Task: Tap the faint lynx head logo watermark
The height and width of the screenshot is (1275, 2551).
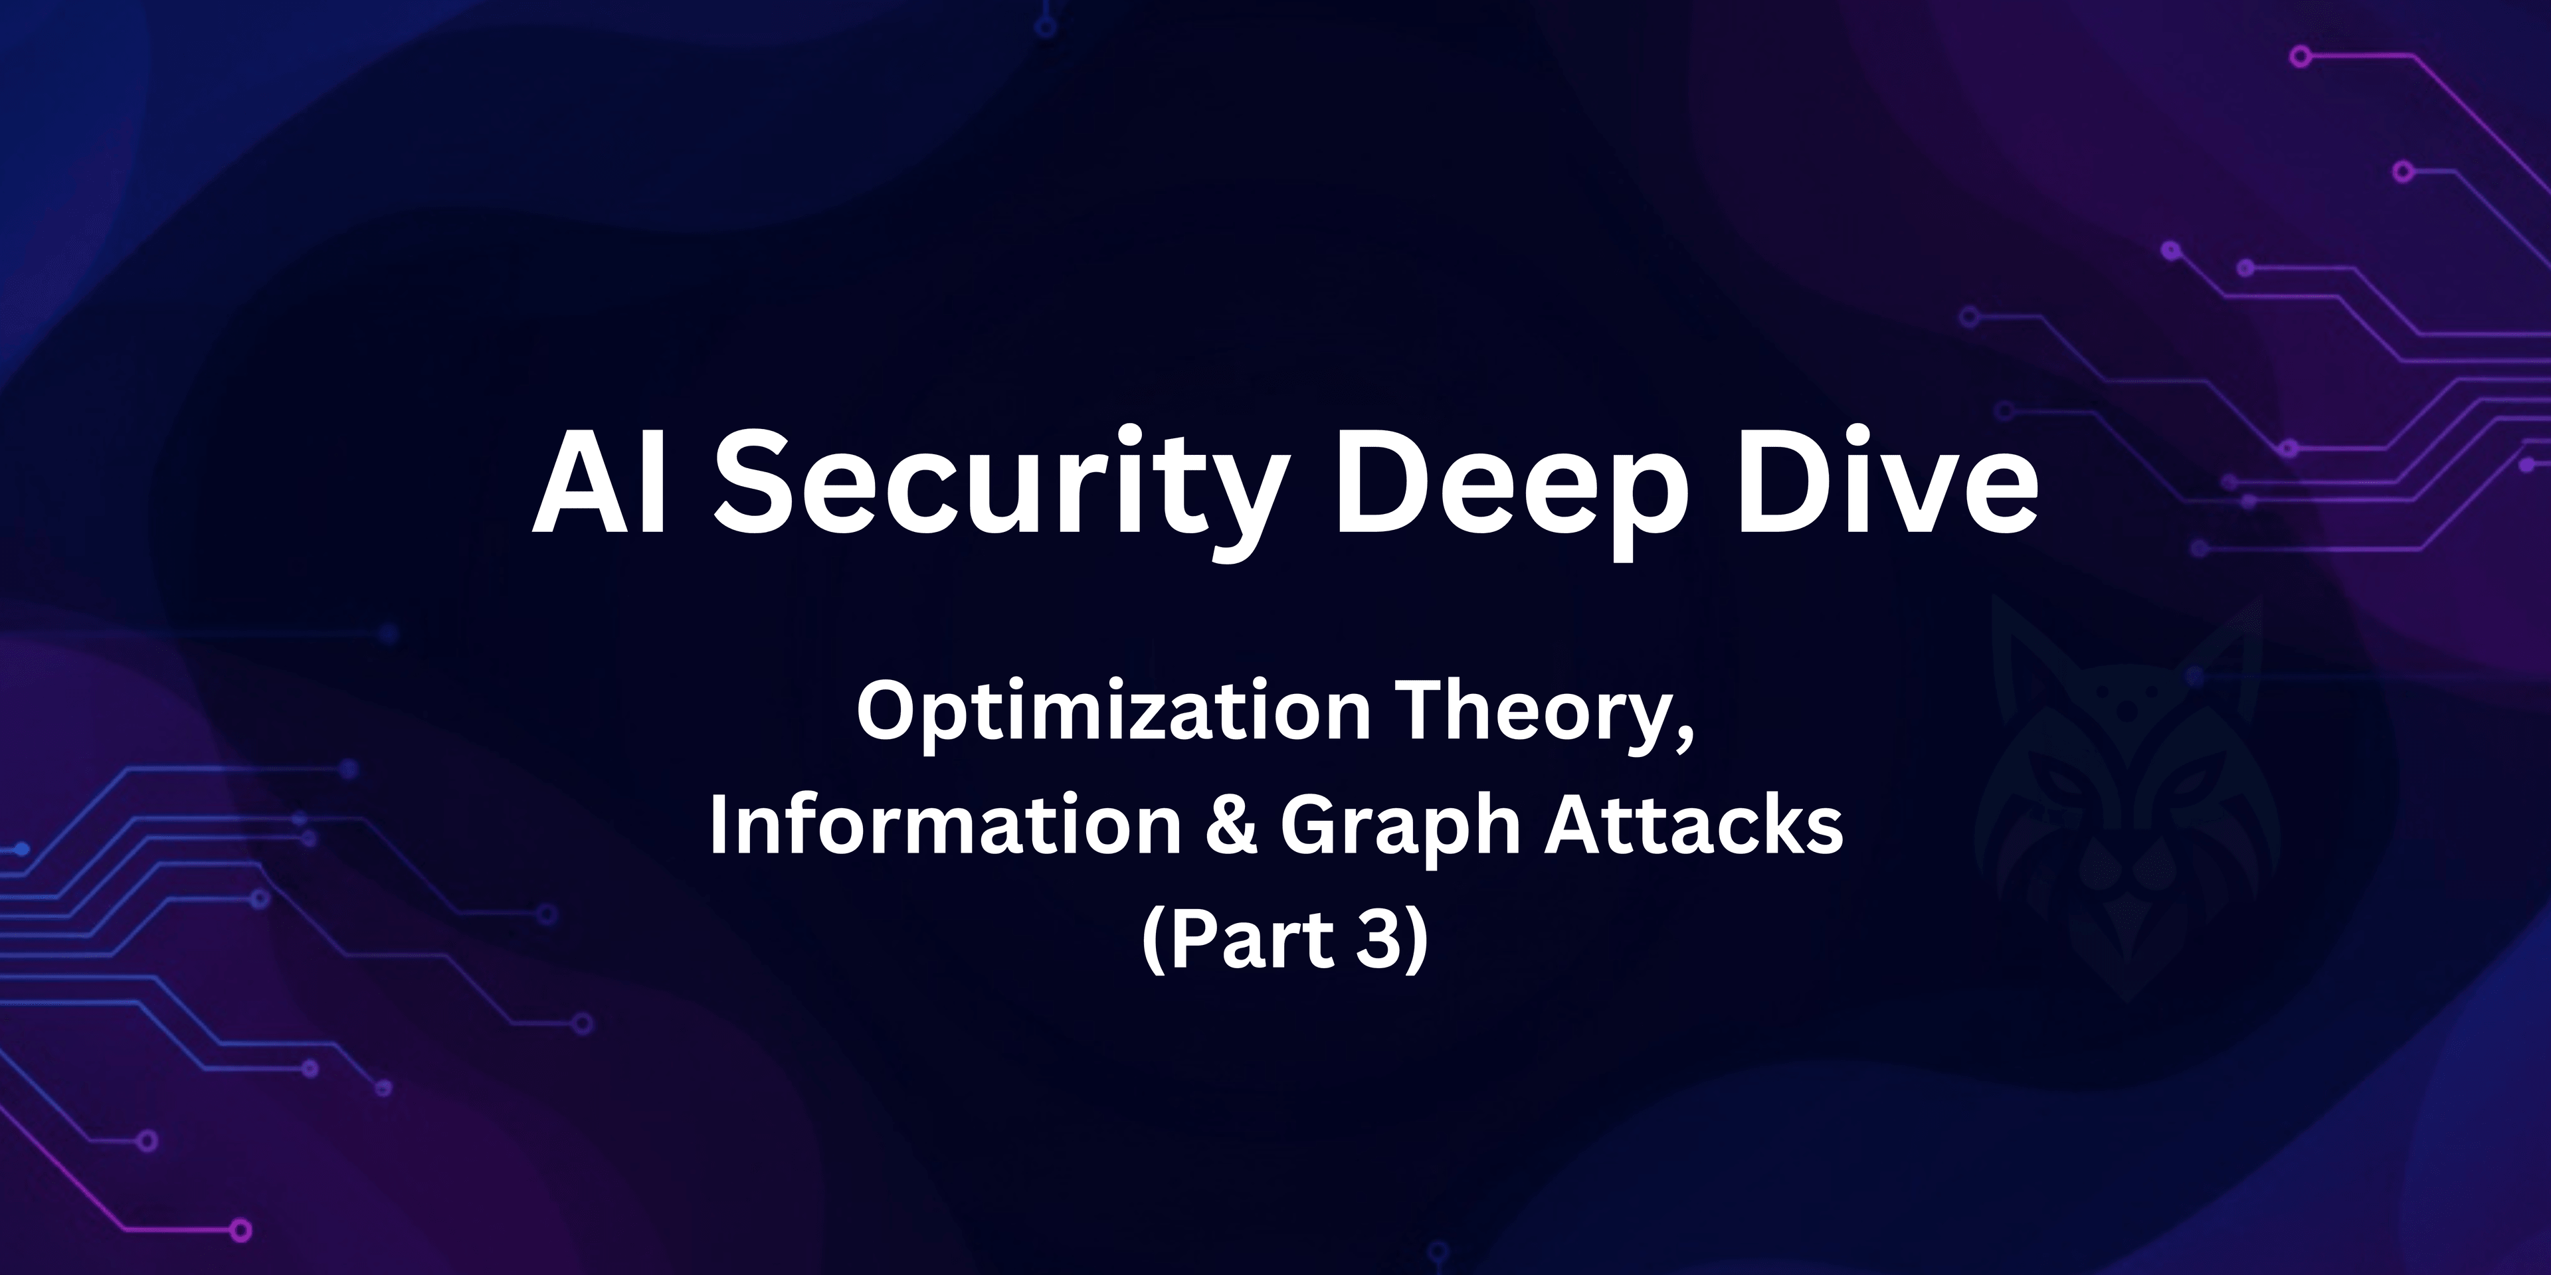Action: [2129, 802]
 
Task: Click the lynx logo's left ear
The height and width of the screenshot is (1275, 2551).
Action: [2020, 643]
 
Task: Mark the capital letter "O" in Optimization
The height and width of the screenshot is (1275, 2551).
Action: [886, 713]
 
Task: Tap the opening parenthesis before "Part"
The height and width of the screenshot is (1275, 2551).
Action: [1154, 940]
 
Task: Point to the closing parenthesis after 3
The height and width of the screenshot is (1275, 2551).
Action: [1417, 940]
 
